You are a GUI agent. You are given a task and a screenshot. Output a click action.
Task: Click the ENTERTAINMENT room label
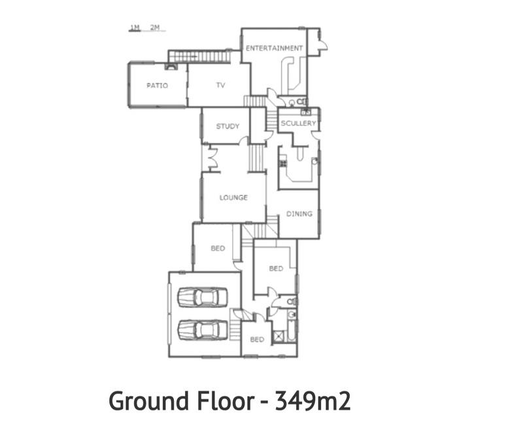click(x=274, y=48)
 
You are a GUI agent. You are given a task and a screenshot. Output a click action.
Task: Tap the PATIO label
click(x=157, y=86)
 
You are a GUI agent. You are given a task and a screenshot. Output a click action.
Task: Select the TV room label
click(x=220, y=86)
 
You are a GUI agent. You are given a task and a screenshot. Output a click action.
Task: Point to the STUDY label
click(x=228, y=126)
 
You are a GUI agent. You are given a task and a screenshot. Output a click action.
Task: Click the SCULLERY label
click(x=298, y=123)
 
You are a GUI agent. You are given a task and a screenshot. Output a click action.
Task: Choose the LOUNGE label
click(x=233, y=197)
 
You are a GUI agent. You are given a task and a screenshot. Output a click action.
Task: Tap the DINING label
click(x=299, y=214)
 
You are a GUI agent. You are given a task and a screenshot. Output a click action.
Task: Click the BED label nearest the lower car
click(x=257, y=340)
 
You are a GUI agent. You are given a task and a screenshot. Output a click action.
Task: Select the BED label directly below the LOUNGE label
click(x=218, y=248)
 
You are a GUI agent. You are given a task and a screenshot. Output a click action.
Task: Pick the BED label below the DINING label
click(x=276, y=269)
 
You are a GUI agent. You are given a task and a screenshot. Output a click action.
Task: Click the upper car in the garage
click(x=203, y=297)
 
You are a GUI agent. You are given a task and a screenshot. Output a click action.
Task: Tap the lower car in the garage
click(x=203, y=330)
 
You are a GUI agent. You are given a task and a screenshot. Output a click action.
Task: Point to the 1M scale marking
click(x=135, y=27)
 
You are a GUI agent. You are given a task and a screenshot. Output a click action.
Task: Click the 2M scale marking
click(x=155, y=27)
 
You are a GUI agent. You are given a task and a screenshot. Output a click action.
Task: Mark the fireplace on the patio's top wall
click(x=171, y=66)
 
